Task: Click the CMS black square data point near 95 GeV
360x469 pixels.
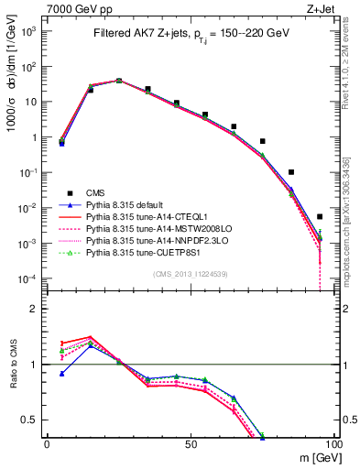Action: tap(320, 217)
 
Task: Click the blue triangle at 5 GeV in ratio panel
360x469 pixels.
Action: tap(61, 374)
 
